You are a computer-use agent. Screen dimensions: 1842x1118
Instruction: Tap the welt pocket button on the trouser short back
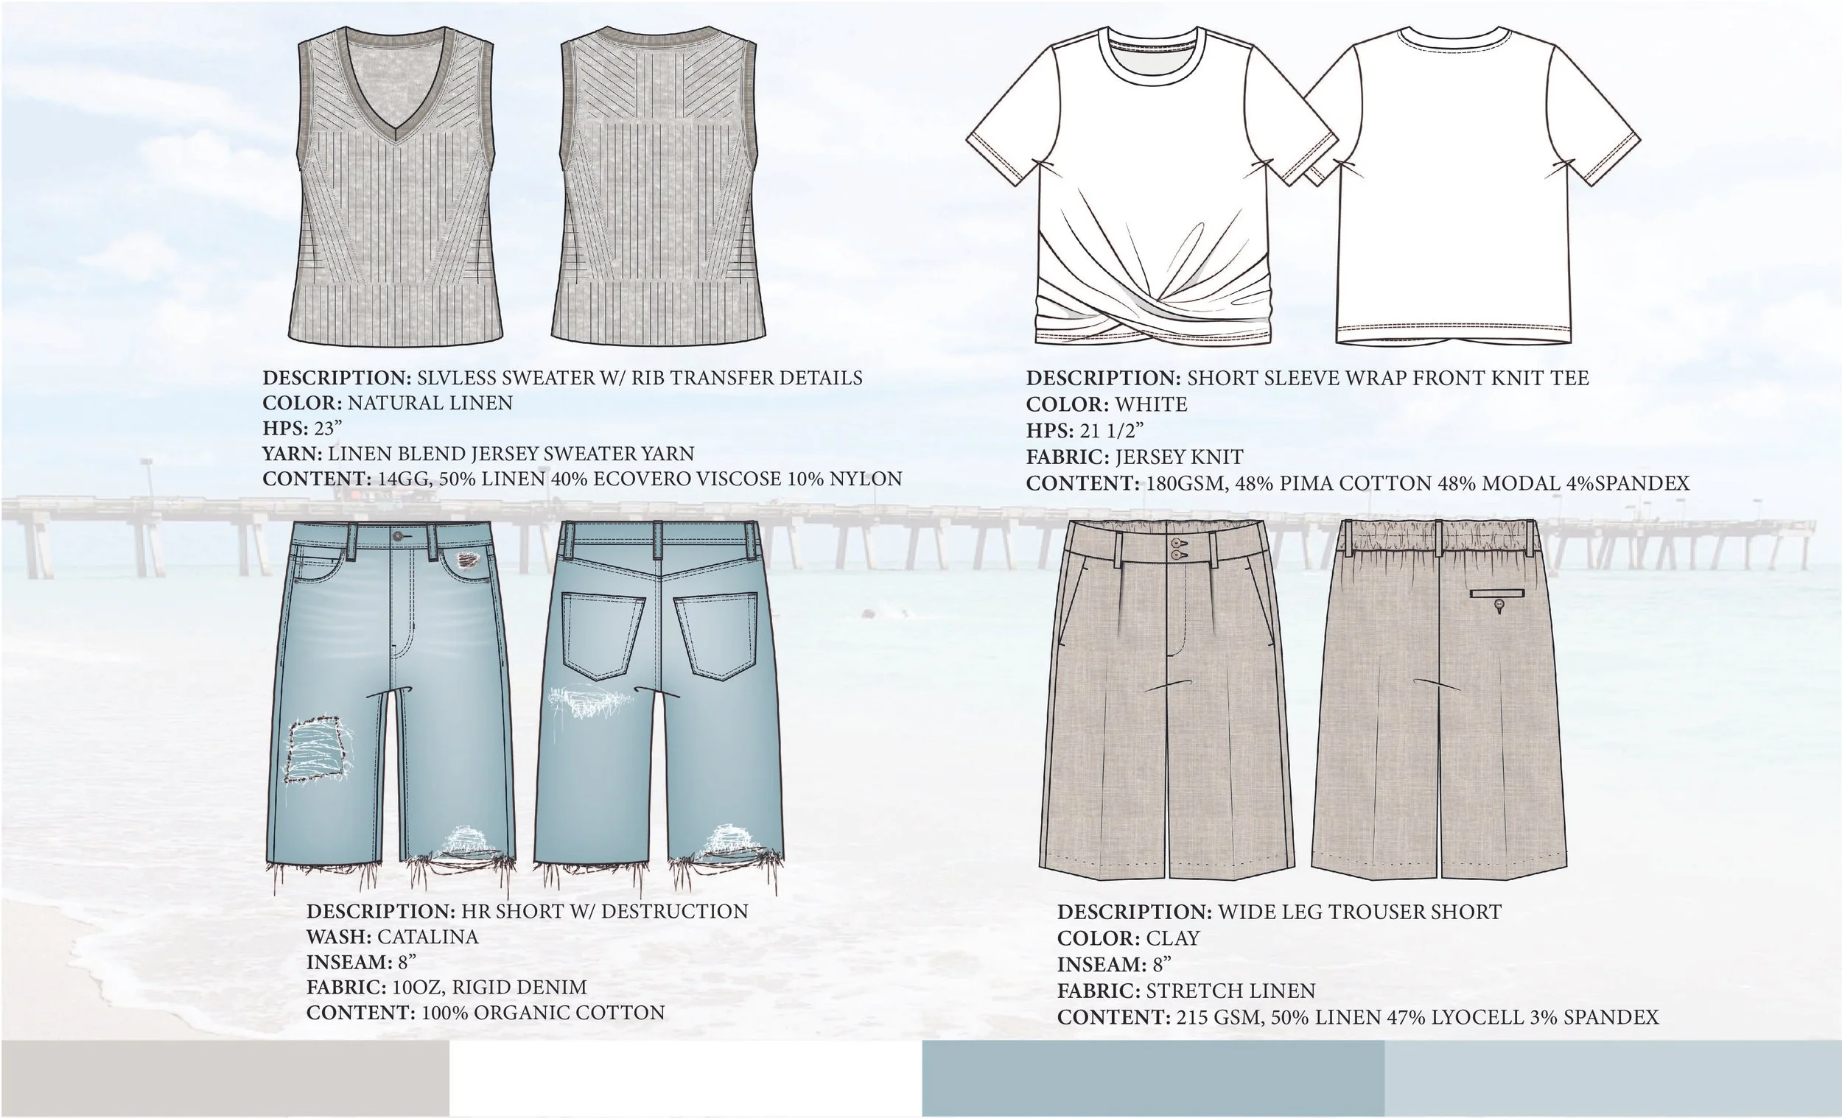coord(1499,604)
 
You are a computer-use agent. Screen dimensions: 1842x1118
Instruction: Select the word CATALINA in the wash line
coord(427,936)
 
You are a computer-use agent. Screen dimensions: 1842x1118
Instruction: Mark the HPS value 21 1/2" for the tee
coord(1112,430)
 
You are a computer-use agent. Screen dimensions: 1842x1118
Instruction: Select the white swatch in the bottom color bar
coord(685,1077)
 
